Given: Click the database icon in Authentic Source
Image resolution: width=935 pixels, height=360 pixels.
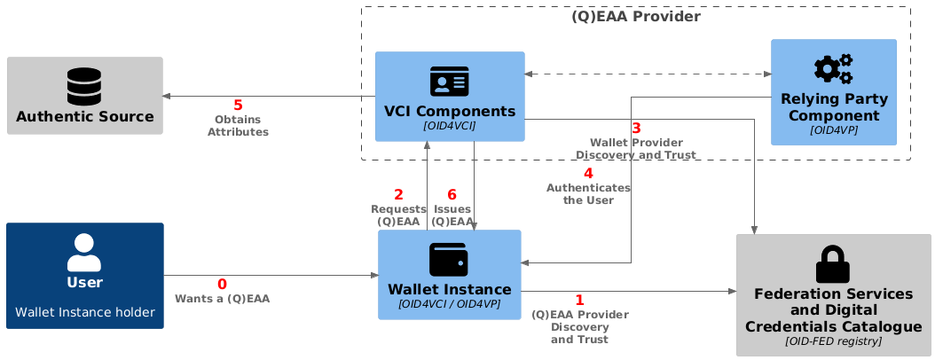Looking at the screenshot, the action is pos(84,85).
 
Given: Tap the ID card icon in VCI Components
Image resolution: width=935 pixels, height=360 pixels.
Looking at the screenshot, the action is pos(450,82).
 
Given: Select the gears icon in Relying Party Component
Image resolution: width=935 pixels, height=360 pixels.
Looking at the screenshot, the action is pos(833,69).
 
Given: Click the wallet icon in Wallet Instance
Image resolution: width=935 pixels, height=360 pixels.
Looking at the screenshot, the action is pos(449,259).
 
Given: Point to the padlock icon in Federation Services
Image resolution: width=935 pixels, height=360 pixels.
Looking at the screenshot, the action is pos(832,264).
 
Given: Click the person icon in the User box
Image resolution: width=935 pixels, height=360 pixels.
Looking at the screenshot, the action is pos(84,253).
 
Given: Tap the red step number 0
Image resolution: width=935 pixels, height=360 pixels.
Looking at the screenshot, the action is pos(223,285).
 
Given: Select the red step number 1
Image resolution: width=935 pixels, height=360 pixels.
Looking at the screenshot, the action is pos(579,300).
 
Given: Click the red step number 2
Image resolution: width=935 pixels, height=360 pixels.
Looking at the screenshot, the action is pos(398,195).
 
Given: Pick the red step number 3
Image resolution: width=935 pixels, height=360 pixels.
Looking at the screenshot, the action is pos(636,129).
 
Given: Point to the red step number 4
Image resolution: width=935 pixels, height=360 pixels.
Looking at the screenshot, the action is pos(588,174).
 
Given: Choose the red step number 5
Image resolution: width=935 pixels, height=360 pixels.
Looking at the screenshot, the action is pos(238,106).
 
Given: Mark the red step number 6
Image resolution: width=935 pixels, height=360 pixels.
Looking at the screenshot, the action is pos(452,195).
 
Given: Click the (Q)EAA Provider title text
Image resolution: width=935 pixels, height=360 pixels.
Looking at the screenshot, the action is pos(636,17).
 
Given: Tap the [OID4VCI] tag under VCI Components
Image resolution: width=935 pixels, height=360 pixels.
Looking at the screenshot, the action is pos(450,126).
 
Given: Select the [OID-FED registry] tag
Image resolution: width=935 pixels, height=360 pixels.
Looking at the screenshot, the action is pos(833,341).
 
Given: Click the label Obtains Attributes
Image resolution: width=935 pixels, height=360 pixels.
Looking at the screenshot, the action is pos(238,126).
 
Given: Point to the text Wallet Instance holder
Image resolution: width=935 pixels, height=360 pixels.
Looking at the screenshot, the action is pos(84,312).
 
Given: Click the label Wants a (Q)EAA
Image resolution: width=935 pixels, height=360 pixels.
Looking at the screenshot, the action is pos(222,299).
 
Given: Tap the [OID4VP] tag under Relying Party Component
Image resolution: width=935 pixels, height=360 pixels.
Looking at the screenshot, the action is pos(834,130).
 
